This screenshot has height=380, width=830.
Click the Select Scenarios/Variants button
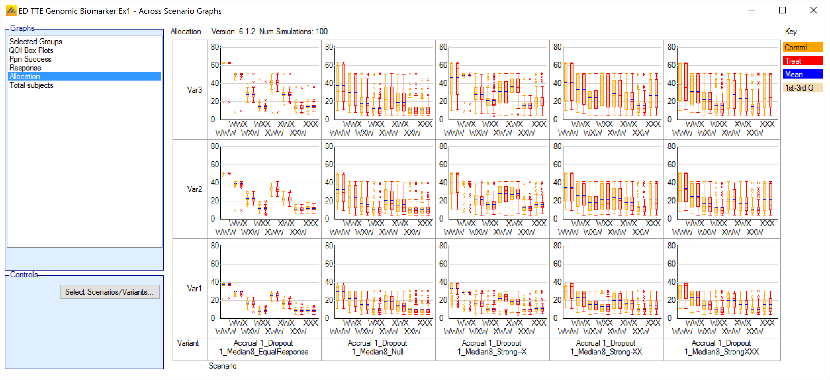click(109, 292)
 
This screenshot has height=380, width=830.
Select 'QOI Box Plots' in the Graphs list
click(31, 50)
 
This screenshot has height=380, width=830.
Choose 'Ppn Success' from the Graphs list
click(30, 59)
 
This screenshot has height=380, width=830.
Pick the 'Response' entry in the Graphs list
click(25, 68)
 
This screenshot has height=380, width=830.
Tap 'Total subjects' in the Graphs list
click(31, 85)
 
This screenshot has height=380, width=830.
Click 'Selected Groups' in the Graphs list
click(36, 42)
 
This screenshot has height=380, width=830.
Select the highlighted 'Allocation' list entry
click(25, 77)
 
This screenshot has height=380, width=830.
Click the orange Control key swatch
click(803, 47)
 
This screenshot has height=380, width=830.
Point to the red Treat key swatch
click(803, 61)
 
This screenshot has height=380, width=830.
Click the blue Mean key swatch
click(803, 74)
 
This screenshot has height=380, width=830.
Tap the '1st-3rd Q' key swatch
click(803, 88)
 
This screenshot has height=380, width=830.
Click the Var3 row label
click(194, 90)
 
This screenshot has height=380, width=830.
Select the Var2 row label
click(194, 189)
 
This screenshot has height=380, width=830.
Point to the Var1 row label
click(194, 288)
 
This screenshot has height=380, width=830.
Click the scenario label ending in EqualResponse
click(264, 347)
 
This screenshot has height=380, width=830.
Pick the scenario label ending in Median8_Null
click(377, 347)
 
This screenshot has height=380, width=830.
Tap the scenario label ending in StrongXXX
click(721, 347)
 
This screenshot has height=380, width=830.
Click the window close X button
click(813, 10)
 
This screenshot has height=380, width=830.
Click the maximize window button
click(782, 10)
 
